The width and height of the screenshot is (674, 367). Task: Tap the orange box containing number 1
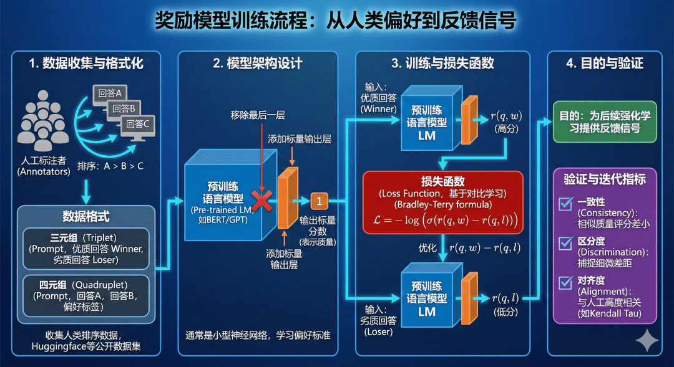click(x=319, y=201)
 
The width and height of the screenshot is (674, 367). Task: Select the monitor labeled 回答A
click(x=110, y=95)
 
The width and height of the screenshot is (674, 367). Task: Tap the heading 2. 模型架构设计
click(x=257, y=64)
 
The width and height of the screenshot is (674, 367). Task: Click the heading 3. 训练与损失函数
click(x=442, y=64)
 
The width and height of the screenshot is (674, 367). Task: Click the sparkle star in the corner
click(x=647, y=342)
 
